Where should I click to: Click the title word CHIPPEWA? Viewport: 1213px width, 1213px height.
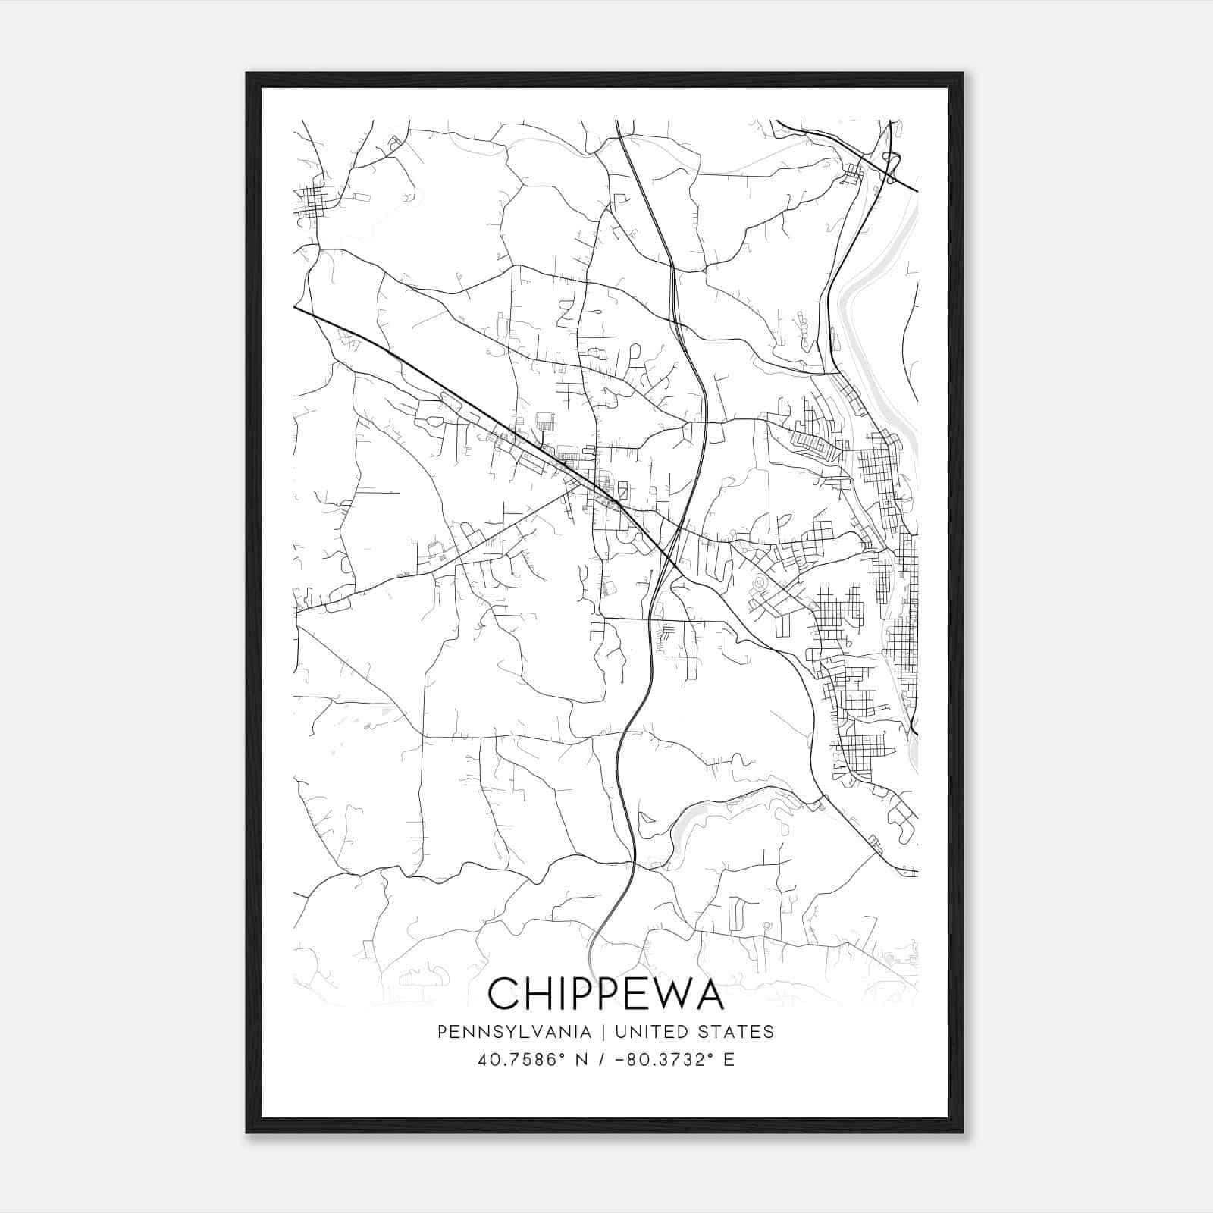(x=606, y=994)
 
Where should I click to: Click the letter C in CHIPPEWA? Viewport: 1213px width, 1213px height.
(x=504, y=994)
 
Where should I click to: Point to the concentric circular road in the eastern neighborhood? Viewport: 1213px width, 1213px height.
(x=757, y=583)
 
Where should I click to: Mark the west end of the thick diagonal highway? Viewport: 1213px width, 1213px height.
(x=295, y=307)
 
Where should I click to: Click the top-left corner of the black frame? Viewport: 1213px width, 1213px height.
(x=246, y=74)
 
